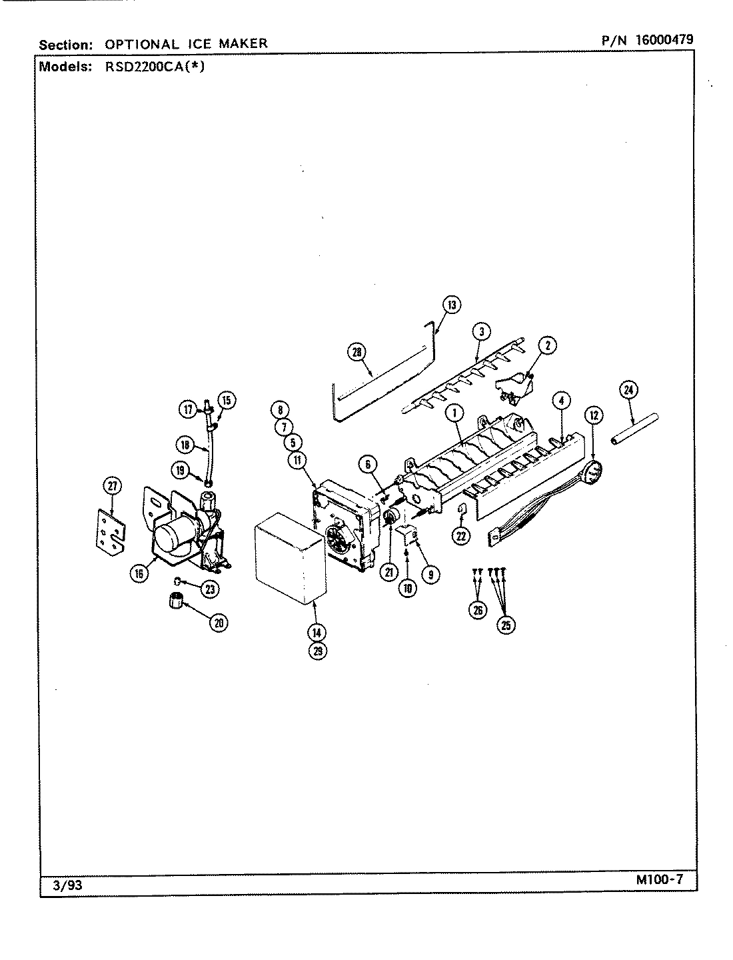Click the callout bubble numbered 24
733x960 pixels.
[x=628, y=390]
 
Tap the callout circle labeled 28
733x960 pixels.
[x=358, y=351]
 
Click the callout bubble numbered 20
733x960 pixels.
[x=218, y=623]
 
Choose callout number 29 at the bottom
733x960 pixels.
[x=318, y=651]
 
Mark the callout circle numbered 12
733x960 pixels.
[x=592, y=415]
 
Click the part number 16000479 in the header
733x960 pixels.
[x=664, y=39]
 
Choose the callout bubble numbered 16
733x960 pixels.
[x=139, y=572]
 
